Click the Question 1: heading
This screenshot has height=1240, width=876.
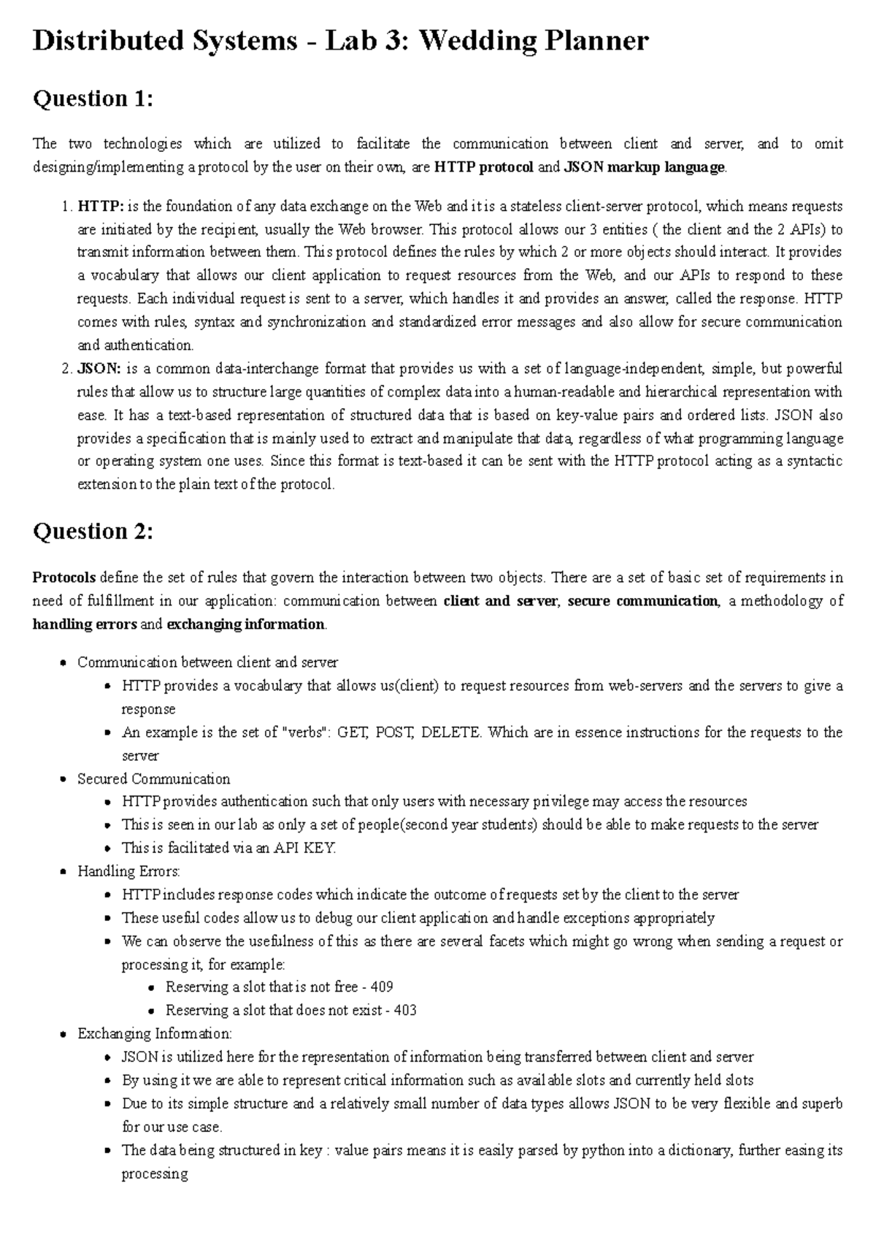point(93,99)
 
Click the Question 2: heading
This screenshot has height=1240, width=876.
point(93,532)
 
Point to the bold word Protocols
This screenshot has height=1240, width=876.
point(64,578)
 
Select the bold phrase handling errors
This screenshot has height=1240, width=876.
point(84,624)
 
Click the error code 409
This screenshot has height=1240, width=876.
point(382,987)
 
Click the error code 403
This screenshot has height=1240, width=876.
point(405,1011)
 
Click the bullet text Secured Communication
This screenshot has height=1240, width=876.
point(153,779)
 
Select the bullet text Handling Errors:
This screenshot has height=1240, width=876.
point(128,871)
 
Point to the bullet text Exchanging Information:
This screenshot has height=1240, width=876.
point(155,1034)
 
